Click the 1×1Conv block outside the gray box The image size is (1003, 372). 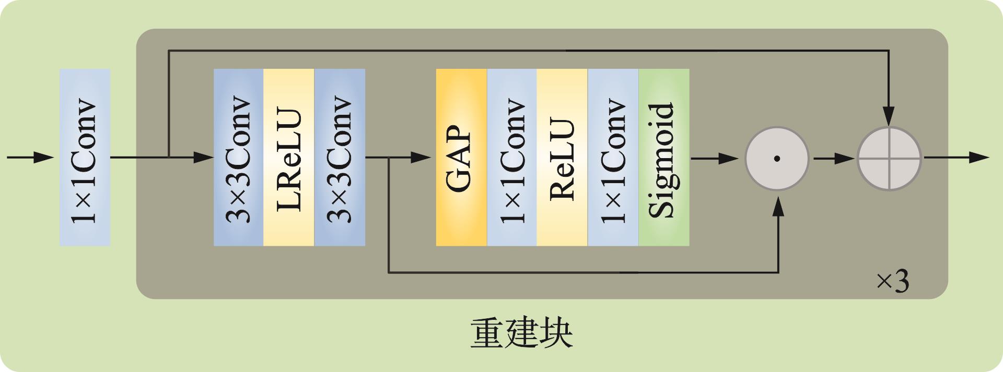(x=85, y=157)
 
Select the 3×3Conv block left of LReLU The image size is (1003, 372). (x=238, y=157)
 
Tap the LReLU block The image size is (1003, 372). (x=288, y=157)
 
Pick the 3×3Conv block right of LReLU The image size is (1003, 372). (x=340, y=157)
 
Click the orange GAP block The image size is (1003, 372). (x=461, y=157)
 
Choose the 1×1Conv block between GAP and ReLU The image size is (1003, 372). (x=512, y=157)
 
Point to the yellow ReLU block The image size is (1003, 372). (x=562, y=157)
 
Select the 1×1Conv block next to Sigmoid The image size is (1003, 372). (x=613, y=157)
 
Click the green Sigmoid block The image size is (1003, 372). (x=663, y=157)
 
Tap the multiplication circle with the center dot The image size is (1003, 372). (x=777, y=158)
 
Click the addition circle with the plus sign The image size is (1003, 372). (x=889, y=158)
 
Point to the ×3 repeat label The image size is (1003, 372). (x=892, y=282)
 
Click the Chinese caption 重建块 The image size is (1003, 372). (x=521, y=333)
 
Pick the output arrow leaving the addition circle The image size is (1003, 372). (x=956, y=157)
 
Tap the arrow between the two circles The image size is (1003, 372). (x=834, y=158)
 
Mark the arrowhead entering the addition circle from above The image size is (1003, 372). (x=889, y=116)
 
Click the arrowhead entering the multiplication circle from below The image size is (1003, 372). (x=778, y=207)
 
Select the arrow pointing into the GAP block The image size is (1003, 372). (x=413, y=157)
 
